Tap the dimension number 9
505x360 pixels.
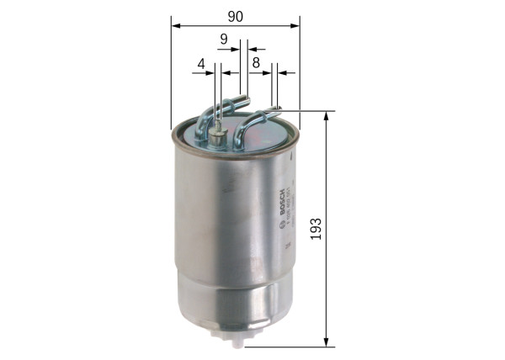click(224, 38)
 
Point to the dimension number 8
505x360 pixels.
click(255, 61)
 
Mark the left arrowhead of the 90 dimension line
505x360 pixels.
click(174, 25)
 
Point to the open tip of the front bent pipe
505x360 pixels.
click(274, 109)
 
